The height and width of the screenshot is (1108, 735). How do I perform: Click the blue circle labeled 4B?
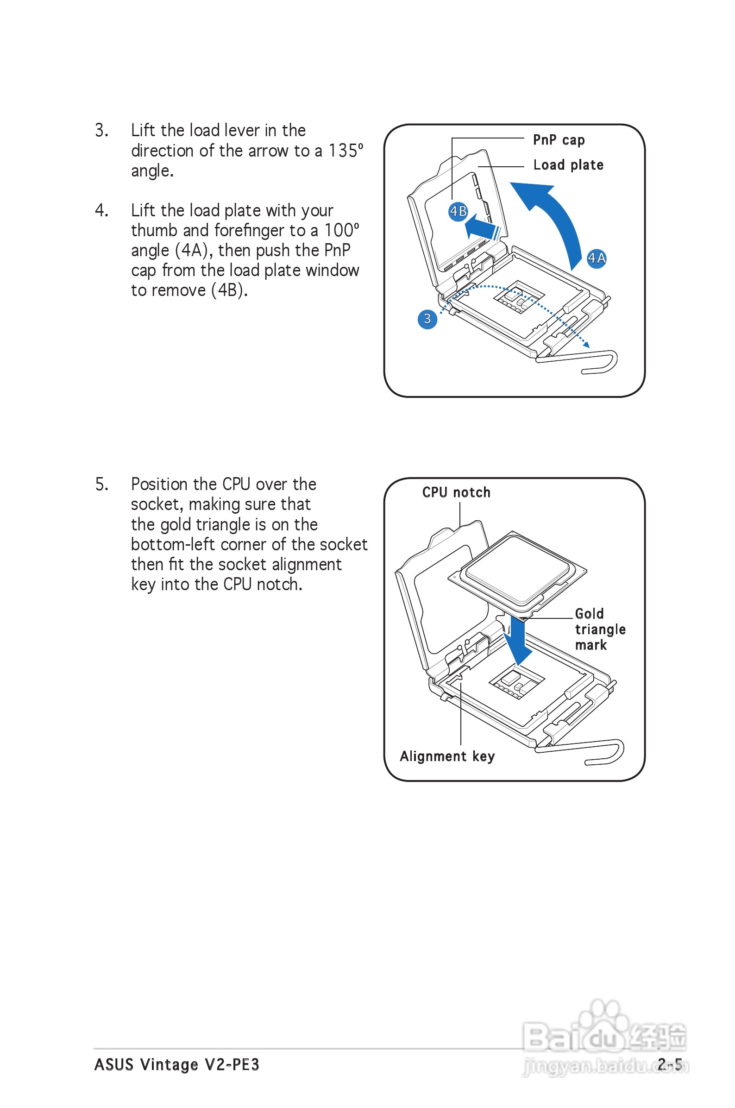point(458,211)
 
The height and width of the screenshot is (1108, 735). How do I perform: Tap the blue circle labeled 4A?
point(596,258)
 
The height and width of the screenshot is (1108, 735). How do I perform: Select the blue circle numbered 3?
point(427,319)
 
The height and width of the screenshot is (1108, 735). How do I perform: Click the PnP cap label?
point(558,140)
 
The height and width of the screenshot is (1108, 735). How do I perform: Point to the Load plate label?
point(568,165)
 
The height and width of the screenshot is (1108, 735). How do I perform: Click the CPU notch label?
point(456,492)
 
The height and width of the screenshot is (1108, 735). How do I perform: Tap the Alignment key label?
point(447,756)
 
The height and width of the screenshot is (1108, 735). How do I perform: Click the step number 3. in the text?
point(102,130)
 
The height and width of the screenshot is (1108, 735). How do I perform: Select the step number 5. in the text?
point(102,484)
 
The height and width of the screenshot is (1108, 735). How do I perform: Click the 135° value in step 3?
point(346,151)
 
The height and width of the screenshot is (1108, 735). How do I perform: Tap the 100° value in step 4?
point(342,230)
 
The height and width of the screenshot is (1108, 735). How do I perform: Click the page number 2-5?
point(669,1064)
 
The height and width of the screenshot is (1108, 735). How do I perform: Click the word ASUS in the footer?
point(114,1064)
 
